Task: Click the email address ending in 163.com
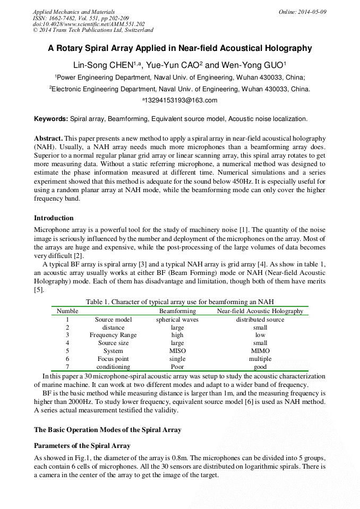(179, 100)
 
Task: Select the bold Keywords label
(51, 119)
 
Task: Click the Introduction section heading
(54, 218)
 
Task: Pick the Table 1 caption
(179, 302)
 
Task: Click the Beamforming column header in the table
(177, 311)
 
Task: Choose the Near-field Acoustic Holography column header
(260, 311)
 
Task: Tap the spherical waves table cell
(177, 320)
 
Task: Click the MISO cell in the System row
(177, 351)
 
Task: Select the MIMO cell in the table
(260, 351)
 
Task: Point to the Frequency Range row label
(113, 335)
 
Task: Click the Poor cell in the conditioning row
(177, 367)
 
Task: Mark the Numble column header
(67, 311)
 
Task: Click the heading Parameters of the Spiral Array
(82, 445)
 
